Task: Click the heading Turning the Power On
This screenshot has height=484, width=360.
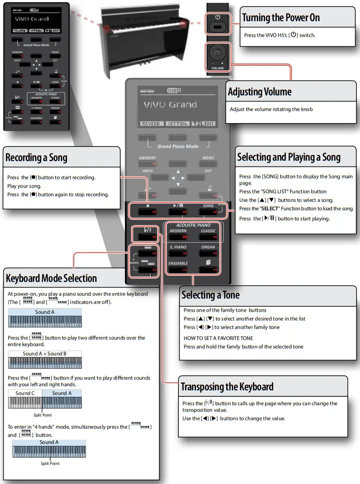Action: click(281, 18)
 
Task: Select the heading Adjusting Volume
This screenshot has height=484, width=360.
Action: click(260, 92)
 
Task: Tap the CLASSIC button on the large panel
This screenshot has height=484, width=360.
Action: click(208, 237)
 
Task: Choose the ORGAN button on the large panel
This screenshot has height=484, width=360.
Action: click(208, 254)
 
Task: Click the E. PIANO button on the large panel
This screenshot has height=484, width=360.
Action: click(178, 254)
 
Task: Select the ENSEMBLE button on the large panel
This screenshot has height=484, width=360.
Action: click(178, 270)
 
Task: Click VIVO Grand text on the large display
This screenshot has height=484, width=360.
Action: click(170, 105)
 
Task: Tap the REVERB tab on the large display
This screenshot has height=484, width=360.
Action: click(151, 123)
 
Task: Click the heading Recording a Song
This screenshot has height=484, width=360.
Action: click(36, 158)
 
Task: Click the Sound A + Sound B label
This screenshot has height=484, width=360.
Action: click(45, 353)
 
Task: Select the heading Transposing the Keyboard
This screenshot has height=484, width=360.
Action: click(227, 387)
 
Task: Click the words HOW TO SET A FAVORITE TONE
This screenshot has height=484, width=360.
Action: click(218, 338)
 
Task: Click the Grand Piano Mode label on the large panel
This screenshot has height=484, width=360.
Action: click(178, 146)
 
